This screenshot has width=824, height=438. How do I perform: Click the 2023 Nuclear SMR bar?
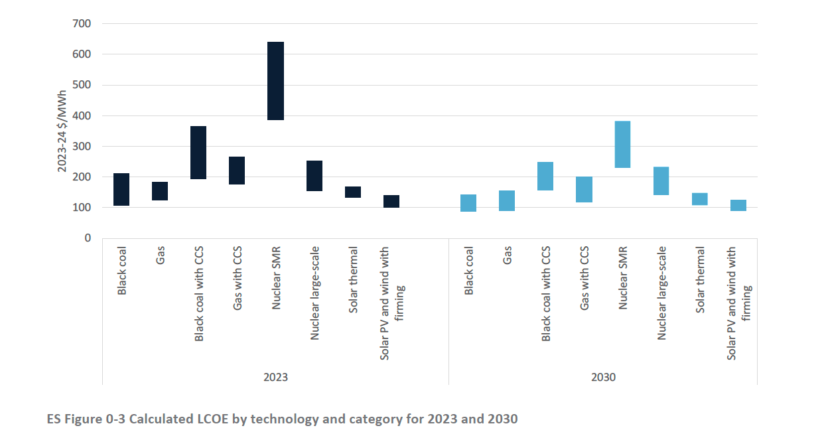[x=275, y=81]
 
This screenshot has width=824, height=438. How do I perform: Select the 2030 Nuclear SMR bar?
[x=622, y=145]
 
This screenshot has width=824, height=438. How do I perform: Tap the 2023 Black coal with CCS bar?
[x=198, y=153]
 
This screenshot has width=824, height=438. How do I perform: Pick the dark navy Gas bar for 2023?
[x=160, y=191]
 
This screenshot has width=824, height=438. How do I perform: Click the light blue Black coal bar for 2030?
[x=468, y=203]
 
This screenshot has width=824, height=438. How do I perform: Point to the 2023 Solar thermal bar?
[x=353, y=192]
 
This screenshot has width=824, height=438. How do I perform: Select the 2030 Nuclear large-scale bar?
[x=661, y=181]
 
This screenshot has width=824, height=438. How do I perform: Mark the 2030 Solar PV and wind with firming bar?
[x=738, y=206]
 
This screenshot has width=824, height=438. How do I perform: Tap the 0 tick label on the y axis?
[x=87, y=238]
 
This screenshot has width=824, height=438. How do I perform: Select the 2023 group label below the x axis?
[x=275, y=377]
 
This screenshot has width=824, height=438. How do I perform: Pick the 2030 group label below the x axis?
[x=603, y=377]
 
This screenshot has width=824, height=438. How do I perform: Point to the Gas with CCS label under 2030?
[x=584, y=279]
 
